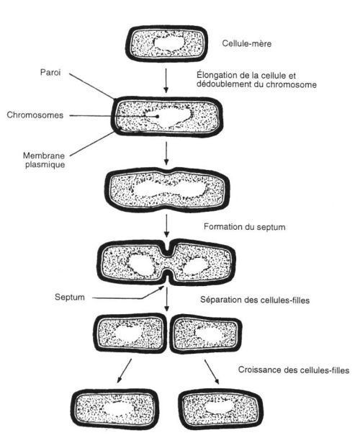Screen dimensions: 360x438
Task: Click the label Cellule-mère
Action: pyautogui.click(x=247, y=43)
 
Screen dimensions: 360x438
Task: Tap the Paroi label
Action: pyautogui.click(x=50, y=72)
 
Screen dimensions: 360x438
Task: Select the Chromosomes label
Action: pyautogui.click(x=35, y=115)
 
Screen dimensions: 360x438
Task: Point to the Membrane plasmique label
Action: pyautogui.click(x=44, y=160)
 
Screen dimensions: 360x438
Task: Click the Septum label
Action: pyautogui.click(x=70, y=297)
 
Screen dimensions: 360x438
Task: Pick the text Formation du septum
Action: pyautogui.click(x=244, y=226)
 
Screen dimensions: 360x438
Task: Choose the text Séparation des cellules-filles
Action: pyautogui.click(x=255, y=300)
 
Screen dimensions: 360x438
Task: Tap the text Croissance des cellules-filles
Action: pyautogui.click(x=294, y=370)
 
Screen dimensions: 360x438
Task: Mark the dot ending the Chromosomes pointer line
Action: pyautogui.click(x=157, y=116)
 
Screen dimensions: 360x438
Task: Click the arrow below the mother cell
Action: pyautogui.click(x=166, y=80)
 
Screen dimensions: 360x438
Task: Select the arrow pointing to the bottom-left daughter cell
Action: pyautogui.click(x=124, y=371)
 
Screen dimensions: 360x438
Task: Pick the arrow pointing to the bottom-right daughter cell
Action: pyautogui.click(x=212, y=372)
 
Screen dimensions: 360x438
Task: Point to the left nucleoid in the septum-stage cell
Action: pyautogui.click(x=141, y=264)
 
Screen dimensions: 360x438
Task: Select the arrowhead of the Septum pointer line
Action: pyautogui.click(x=161, y=288)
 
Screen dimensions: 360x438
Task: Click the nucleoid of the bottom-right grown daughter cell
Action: pyautogui.click(x=220, y=407)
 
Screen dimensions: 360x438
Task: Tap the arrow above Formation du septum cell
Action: pyautogui.click(x=166, y=225)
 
